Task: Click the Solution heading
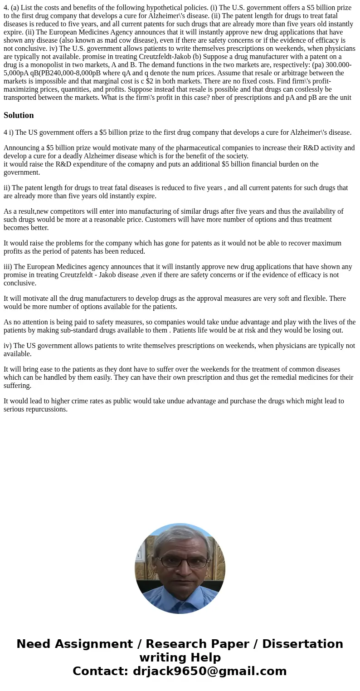(x=19, y=115)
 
